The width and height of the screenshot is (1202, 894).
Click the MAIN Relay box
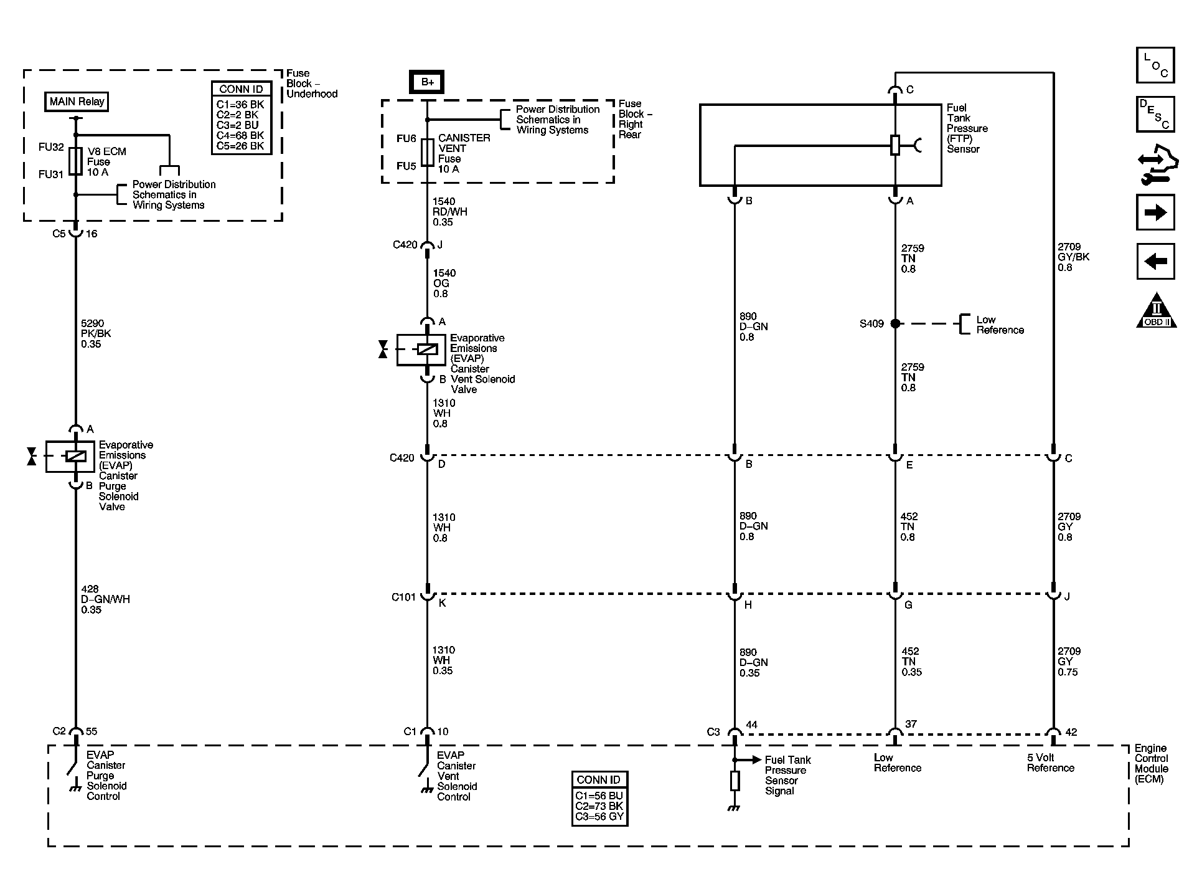point(77,102)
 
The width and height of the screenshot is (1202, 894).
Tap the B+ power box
point(426,82)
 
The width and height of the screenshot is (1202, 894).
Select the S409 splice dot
point(895,323)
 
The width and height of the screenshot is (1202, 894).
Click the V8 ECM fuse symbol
point(76,161)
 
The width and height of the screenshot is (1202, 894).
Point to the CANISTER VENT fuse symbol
point(427,152)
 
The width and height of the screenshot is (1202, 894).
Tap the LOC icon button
point(1155,65)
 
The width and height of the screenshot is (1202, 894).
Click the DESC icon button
point(1155,114)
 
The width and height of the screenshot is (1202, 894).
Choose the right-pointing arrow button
point(1155,213)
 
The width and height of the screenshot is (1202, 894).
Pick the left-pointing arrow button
point(1155,261)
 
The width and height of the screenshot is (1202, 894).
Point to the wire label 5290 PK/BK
point(96,333)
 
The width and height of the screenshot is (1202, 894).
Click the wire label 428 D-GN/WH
point(105,599)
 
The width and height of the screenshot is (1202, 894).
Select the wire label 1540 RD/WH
point(449,212)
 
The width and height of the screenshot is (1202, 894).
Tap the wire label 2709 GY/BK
point(1073,257)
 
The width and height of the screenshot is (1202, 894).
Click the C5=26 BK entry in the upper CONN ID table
point(240,146)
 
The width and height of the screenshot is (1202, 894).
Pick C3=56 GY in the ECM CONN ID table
point(599,816)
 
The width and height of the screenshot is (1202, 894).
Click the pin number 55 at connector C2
point(92,731)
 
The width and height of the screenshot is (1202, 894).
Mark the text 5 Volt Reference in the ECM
point(1050,763)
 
